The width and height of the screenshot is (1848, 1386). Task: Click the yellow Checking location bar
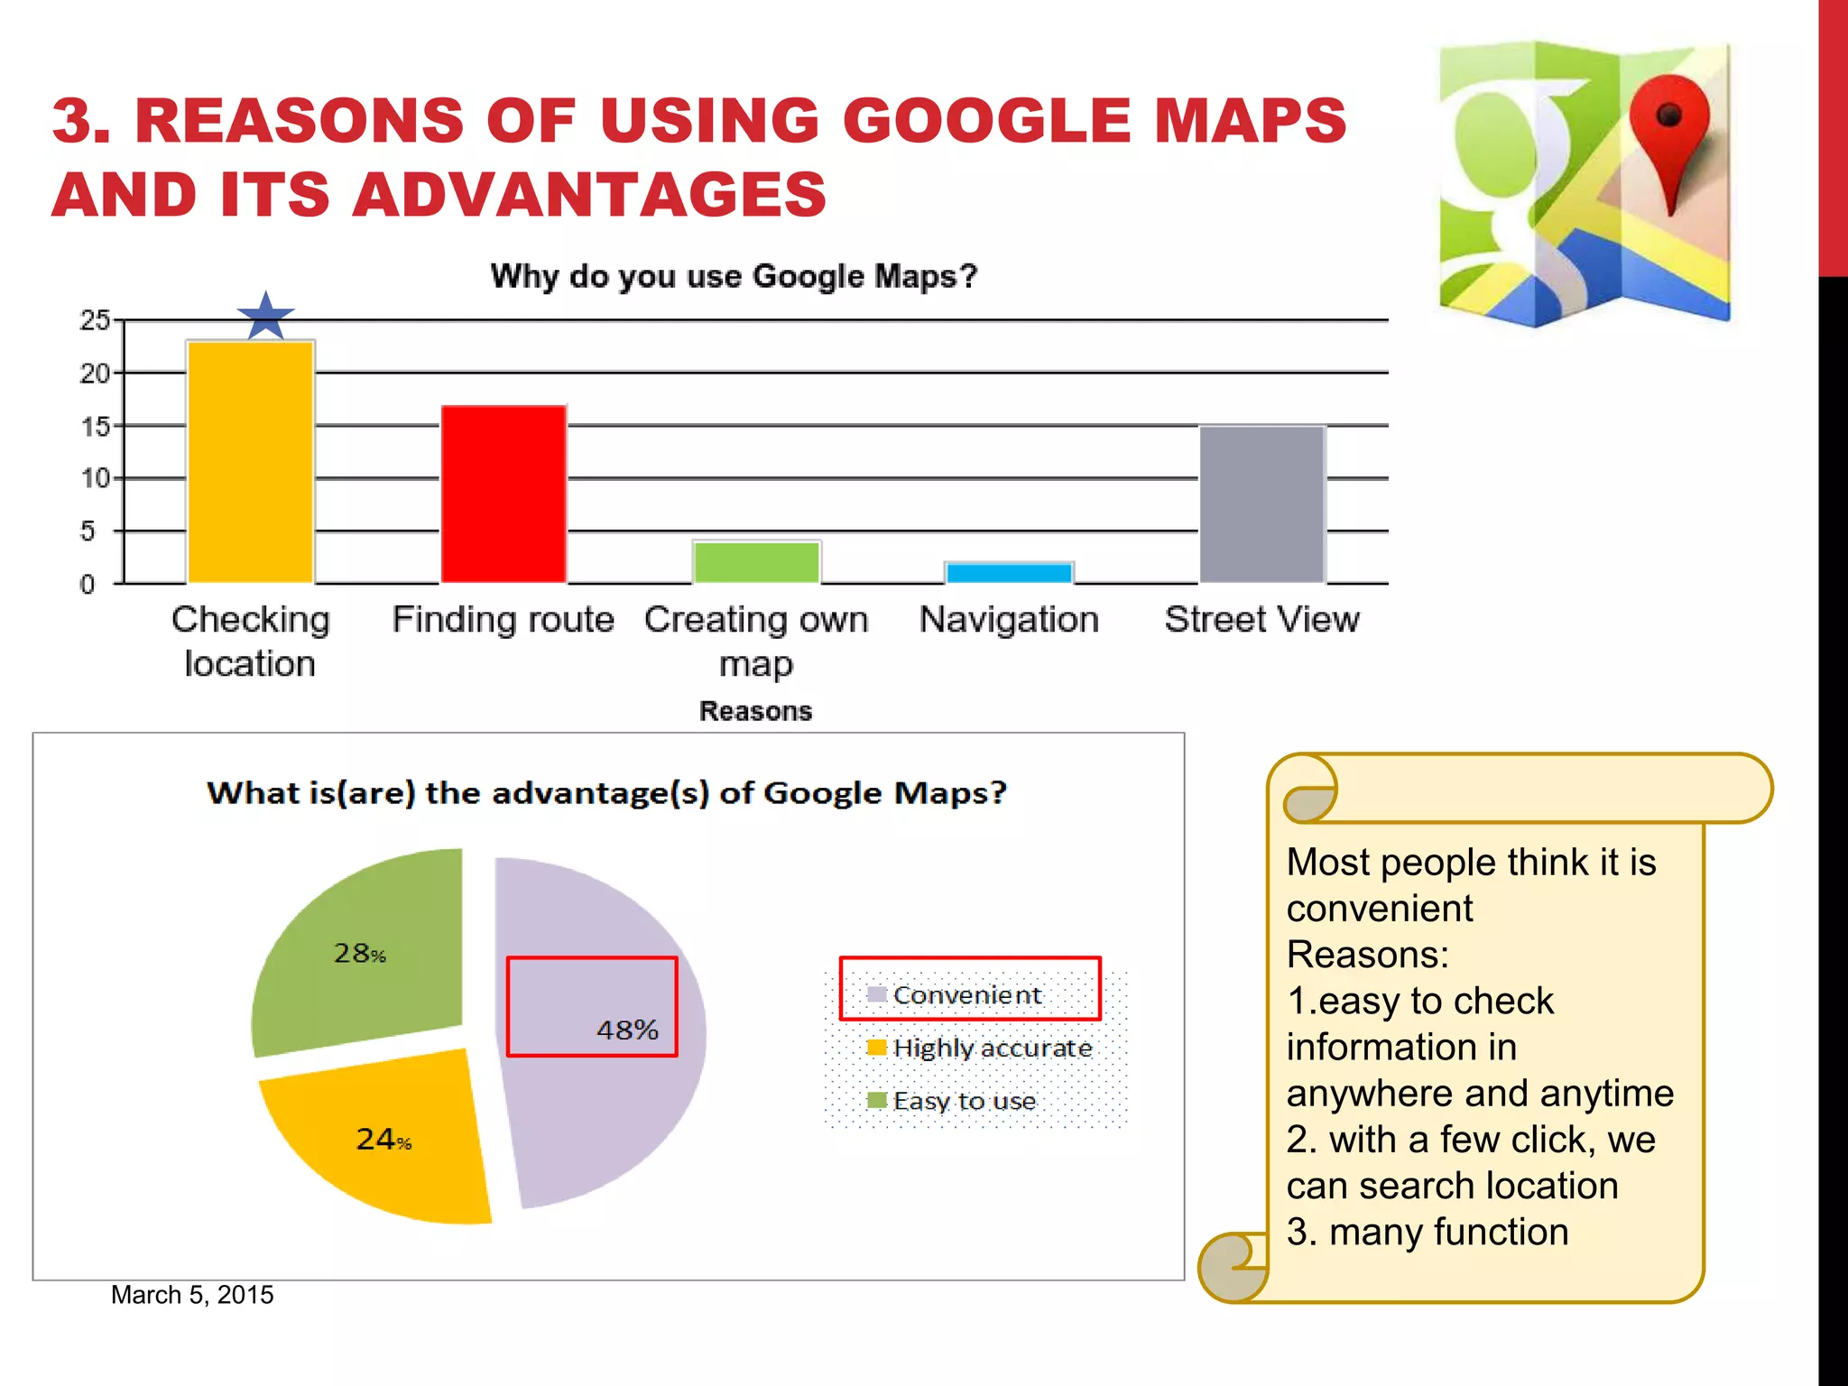click(250, 462)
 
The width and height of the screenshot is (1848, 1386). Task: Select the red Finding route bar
click(504, 494)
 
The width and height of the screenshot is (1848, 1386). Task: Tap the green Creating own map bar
click(756, 562)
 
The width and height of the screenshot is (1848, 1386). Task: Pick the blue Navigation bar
click(1009, 573)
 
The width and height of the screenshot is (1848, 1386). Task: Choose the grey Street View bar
click(1261, 504)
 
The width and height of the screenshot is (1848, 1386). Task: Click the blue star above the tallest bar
click(265, 317)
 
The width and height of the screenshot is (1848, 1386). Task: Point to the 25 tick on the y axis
click(95, 320)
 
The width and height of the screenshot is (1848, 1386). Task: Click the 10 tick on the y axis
click(95, 478)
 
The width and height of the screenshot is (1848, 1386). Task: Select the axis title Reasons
click(755, 711)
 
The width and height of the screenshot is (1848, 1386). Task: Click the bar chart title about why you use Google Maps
click(734, 276)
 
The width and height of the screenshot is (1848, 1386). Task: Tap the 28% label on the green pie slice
click(359, 953)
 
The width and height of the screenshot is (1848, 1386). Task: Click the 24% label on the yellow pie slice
click(383, 1139)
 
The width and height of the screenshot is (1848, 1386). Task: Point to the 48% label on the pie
click(627, 1030)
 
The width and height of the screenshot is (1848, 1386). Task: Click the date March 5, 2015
click(192, 1295)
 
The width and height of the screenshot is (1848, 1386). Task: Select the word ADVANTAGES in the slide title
click(588, 195)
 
